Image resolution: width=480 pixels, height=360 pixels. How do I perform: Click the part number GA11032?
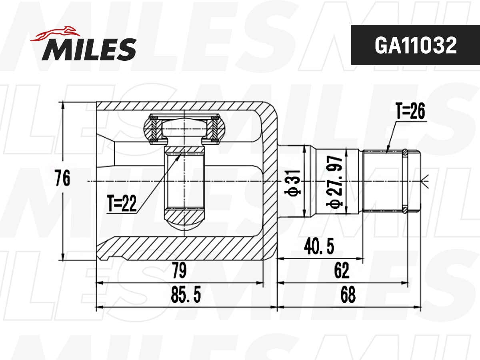point(415,46)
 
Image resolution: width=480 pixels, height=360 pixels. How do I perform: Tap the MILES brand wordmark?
point(89,50)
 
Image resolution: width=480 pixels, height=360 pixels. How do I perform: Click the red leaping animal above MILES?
point(56,34)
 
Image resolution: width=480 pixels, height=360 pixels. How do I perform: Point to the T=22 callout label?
point(122,204)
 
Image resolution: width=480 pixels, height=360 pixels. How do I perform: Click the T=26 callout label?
point(410,113)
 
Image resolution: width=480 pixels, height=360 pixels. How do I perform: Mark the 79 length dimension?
point(178,271)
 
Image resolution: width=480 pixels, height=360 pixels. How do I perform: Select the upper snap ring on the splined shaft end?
point(405,152)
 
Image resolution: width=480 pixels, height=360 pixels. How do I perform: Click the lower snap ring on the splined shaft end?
point(405,209)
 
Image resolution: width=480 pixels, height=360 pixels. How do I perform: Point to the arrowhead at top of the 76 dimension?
point(63,105)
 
